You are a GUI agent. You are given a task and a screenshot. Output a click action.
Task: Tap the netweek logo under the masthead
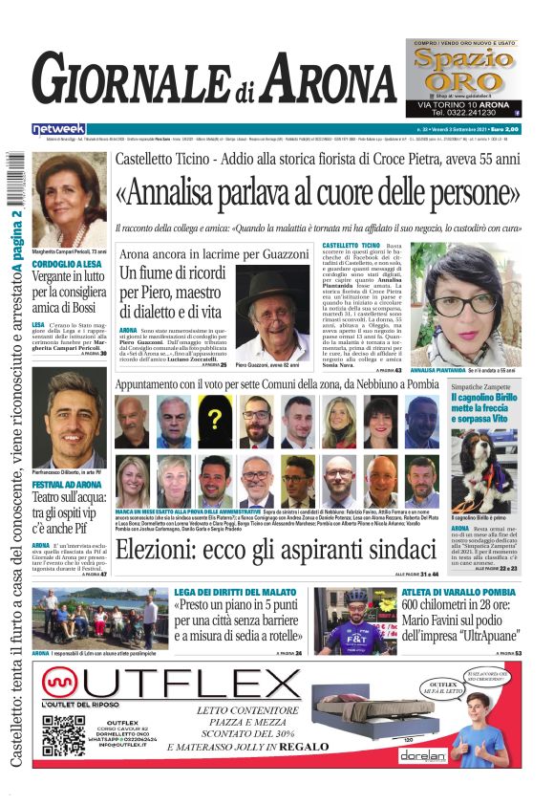(58, 128)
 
